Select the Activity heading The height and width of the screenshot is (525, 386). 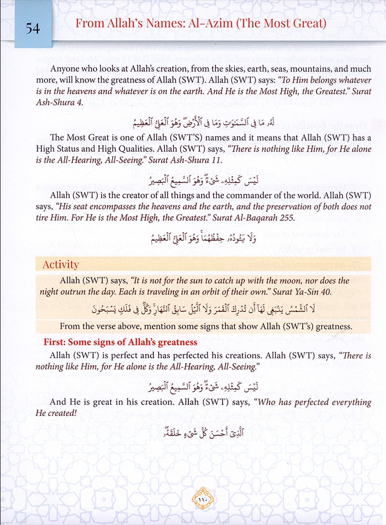pos(60,264)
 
